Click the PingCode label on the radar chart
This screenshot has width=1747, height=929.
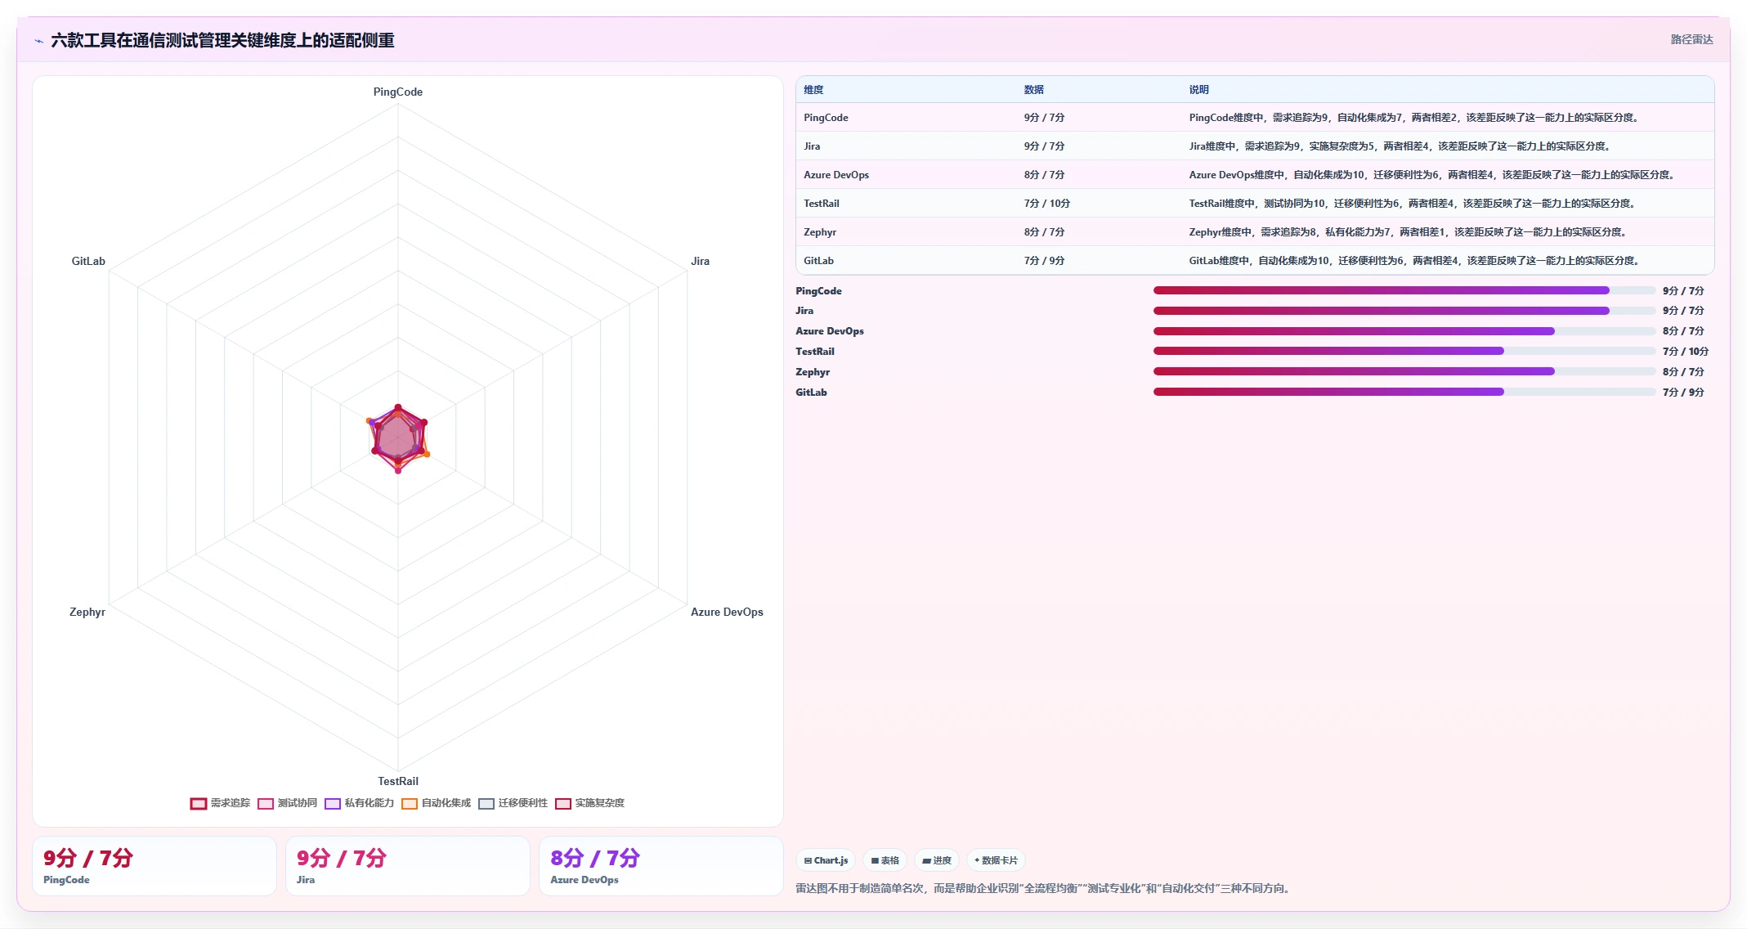tap(398, 92)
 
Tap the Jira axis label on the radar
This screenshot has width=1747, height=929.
tap(700, 261)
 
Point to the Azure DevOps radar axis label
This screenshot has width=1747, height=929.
tap(727, 612)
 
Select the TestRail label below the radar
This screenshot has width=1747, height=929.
tap(398, 781)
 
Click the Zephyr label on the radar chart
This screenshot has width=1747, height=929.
tap(87, 612)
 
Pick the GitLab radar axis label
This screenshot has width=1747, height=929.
tap(88, 261)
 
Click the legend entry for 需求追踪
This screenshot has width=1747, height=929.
tap(221, 803)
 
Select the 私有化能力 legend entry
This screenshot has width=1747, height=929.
tap(360, 803)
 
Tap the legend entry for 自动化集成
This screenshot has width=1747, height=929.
tap(437, 803)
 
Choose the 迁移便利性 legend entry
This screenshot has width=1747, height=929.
tap(513, 803)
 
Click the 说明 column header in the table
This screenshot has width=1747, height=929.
tap(1198, 90)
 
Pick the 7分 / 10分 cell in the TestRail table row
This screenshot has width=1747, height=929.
tap(1046, 204)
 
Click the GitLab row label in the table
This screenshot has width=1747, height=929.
tap(818, 261)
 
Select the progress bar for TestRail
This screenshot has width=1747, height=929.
tap(1404, 351)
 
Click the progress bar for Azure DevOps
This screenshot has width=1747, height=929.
tap(1404, 331)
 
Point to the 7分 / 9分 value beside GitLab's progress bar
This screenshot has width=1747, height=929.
tap(1683, 393)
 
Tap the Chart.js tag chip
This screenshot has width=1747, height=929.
tap(826, 860)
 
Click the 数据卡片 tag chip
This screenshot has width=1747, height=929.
tap(996, 860)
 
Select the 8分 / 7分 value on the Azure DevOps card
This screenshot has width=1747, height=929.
tap(595, 858)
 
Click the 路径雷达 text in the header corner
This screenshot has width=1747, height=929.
tap(1691, 39)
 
